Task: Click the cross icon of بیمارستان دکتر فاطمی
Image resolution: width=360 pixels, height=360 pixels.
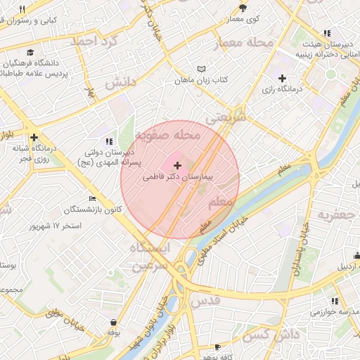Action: (176, 165)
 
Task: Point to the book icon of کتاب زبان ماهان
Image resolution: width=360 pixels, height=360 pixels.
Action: (202, 69)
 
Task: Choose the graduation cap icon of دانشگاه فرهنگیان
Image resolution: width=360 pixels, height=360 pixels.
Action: (30, 52)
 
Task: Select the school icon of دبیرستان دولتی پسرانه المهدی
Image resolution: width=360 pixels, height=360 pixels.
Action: (108, 141)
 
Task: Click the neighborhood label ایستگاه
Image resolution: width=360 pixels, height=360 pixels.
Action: (150, 248)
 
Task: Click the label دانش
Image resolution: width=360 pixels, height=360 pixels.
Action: (120, 82)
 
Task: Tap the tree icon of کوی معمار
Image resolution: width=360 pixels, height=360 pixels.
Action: (243, 8)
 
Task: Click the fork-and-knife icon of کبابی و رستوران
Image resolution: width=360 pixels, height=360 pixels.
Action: (22, 9)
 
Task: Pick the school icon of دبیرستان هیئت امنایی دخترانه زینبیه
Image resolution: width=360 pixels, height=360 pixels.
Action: (327, 33)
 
